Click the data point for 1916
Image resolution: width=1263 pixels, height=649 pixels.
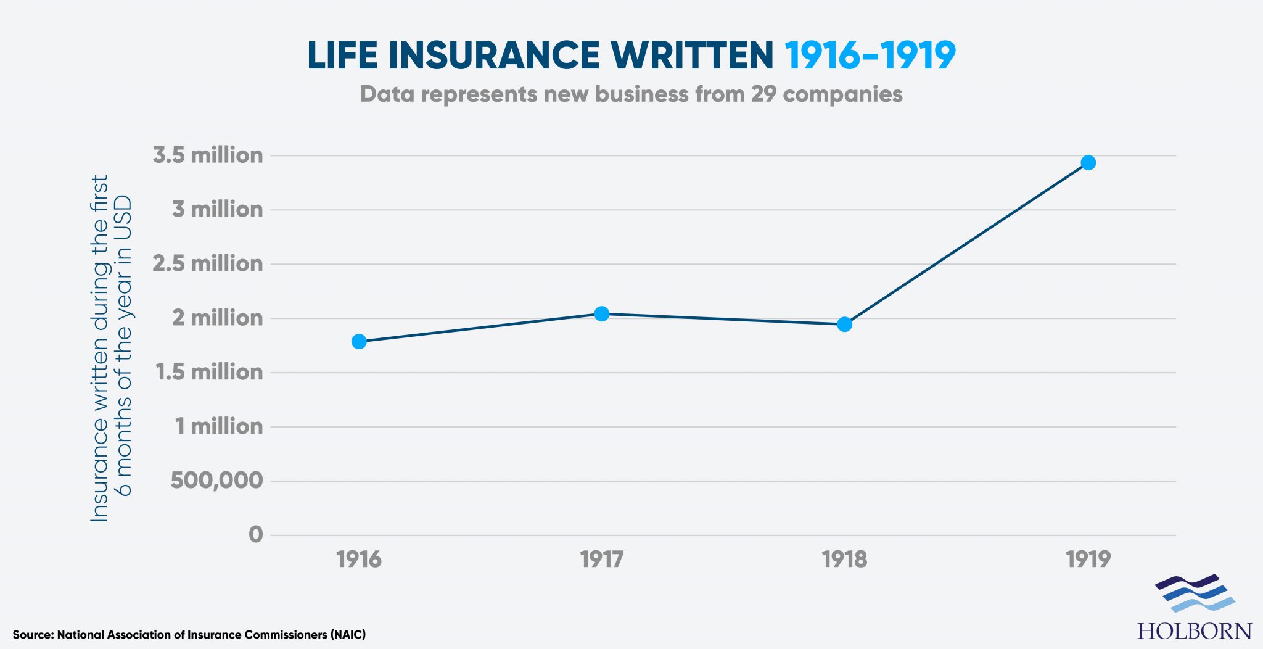(359, 341)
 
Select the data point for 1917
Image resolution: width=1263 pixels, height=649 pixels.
(602, 313)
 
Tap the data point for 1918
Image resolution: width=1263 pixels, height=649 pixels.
(845, 324)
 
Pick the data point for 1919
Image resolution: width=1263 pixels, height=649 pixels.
(1088, 162)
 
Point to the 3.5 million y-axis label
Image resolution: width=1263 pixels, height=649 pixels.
(208, 155)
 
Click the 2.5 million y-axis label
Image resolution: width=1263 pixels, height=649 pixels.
(208, 263)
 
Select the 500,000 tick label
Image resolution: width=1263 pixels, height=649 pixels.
(216, 480)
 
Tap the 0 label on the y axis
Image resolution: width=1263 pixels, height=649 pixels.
(255, 534)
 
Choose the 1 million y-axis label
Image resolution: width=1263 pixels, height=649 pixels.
(219, 426)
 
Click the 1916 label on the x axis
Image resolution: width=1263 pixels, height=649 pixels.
(359, 559)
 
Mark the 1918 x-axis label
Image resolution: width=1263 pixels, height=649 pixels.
(844, 559)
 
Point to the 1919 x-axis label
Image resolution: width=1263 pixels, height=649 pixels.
(1088, 559)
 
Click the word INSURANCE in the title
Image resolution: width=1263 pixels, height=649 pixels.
(493, 56)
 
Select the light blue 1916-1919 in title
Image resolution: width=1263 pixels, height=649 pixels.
(870, 56)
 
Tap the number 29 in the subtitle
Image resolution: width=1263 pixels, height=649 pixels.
(763, 94)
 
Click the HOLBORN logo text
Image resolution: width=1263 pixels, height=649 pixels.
(1195, 631)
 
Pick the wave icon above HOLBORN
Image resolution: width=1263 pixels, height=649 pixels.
(1195, 593)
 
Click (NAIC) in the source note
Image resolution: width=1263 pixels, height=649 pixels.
(348, 634)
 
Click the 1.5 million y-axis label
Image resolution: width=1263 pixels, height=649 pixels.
(209, 372)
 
